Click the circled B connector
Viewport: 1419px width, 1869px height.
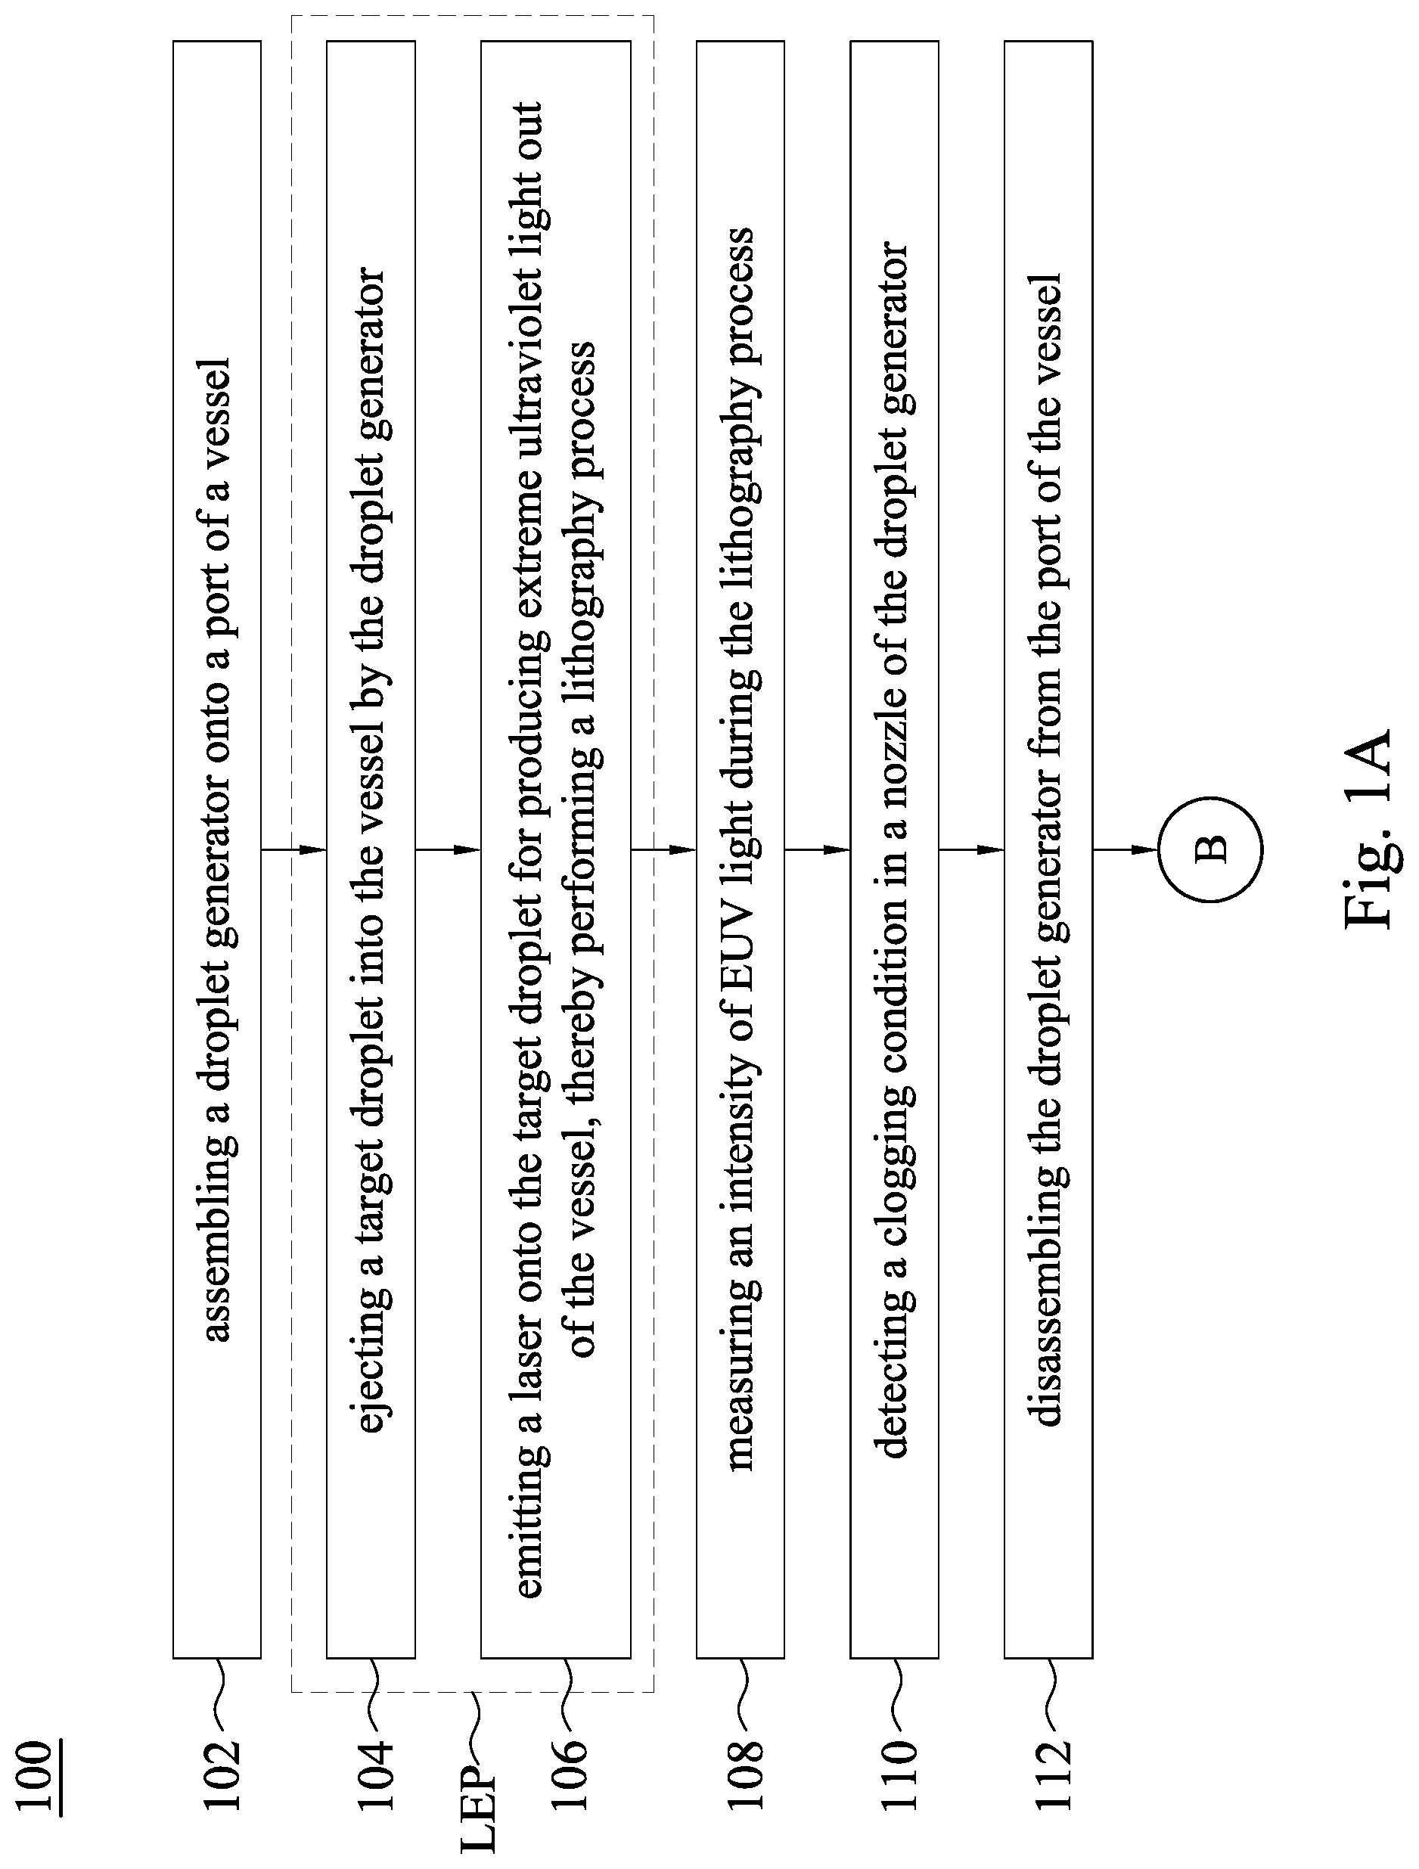click(x=1210, y=849)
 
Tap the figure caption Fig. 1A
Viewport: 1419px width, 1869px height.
click(x=1366, y=827)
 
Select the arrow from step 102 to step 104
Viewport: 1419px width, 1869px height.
click(x=293, y=849)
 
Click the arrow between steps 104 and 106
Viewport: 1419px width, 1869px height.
click(x=448, y=849)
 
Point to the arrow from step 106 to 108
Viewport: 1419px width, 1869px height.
click(x=663, y=849)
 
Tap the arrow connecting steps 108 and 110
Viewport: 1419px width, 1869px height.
click(x=817, y=849)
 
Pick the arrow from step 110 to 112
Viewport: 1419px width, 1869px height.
click(x=971, y=849)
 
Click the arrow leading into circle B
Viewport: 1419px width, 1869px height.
click(x=1125, y=849)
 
